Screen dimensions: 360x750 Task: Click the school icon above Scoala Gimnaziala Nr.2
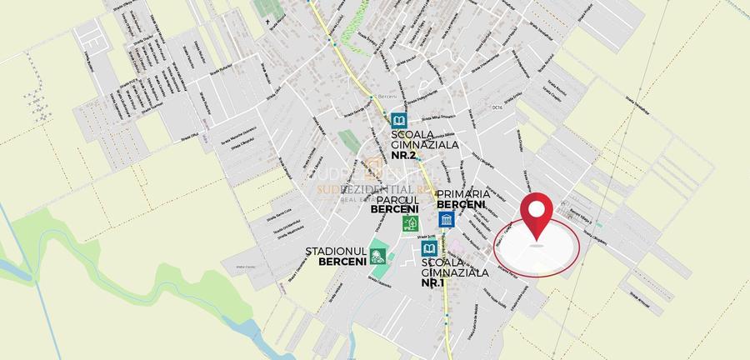click(398, 120)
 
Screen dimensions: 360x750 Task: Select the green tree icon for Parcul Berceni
click(409, 223)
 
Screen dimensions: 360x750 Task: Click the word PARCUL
click(395, 200)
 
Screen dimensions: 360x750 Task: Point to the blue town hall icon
click(446, 220)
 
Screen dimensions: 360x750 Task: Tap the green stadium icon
click(377, 256)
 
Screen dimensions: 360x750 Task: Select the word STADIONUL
click(337, 251)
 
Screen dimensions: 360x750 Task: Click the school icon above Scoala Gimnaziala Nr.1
click(429, 249)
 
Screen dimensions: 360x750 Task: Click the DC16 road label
click(499, 107)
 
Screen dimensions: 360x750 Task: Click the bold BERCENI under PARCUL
click(395, 209)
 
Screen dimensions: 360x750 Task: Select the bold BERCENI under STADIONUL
click(342, 261)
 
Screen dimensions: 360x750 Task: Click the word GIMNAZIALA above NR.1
click(454, 272)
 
